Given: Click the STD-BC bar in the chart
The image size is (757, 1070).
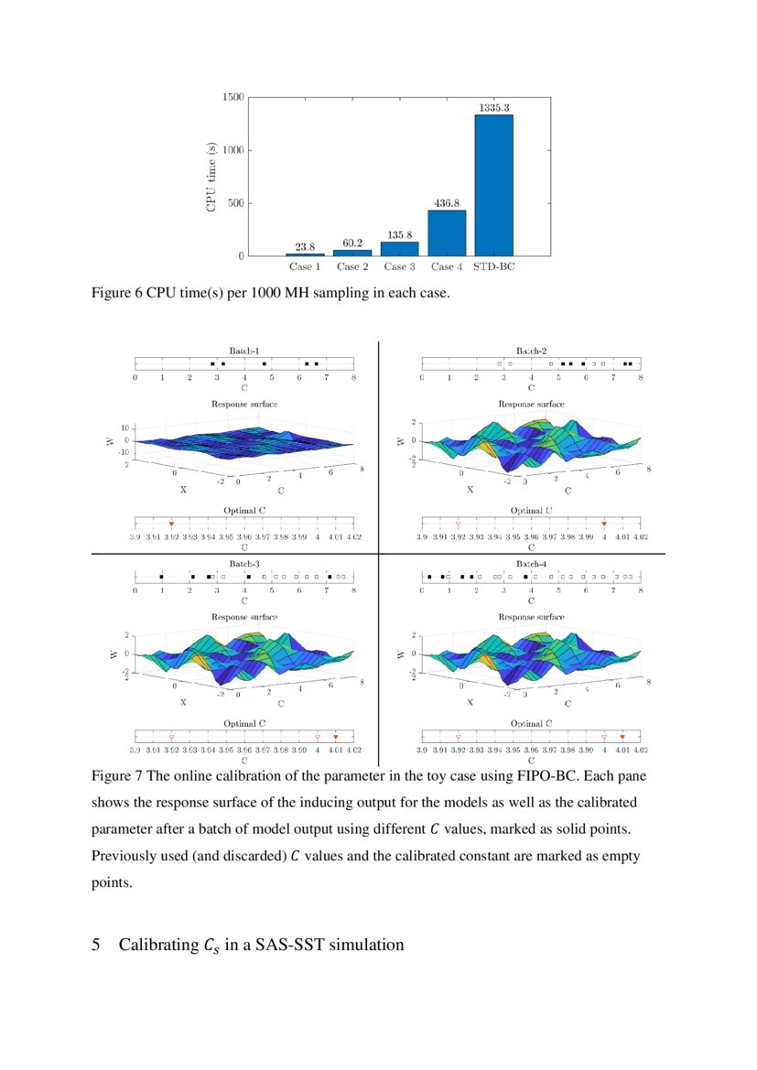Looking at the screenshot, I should click(x=493, y=185).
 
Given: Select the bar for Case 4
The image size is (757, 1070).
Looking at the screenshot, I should click(x=447, y=233).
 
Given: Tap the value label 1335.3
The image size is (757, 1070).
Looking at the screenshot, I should click(x=493, y=108).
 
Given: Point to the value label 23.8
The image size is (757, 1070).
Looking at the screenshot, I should click(x=306, y=246).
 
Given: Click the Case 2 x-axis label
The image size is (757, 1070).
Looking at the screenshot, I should click(x=352, y=267).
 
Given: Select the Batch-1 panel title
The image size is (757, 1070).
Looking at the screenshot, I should click(x=244, y=351).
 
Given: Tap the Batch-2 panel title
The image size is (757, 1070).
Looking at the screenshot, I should click(x=531, y=351).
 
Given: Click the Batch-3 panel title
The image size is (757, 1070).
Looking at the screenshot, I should click(x=244, y=565).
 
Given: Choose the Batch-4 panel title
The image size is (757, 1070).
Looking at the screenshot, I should click(x=531, y=565).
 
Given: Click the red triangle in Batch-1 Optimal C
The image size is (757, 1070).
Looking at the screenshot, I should click(x=171, y=523).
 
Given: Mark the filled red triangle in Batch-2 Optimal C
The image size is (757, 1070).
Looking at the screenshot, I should click(x=604, y=523).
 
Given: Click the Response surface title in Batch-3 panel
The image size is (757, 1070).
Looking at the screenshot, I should click(x=244, y=618).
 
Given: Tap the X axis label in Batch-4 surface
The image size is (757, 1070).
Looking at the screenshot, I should click(x=470, y=703).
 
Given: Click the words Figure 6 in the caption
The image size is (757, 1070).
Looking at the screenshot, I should click(x=115, y=293).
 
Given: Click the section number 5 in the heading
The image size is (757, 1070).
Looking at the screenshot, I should click(x=96, y=945).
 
